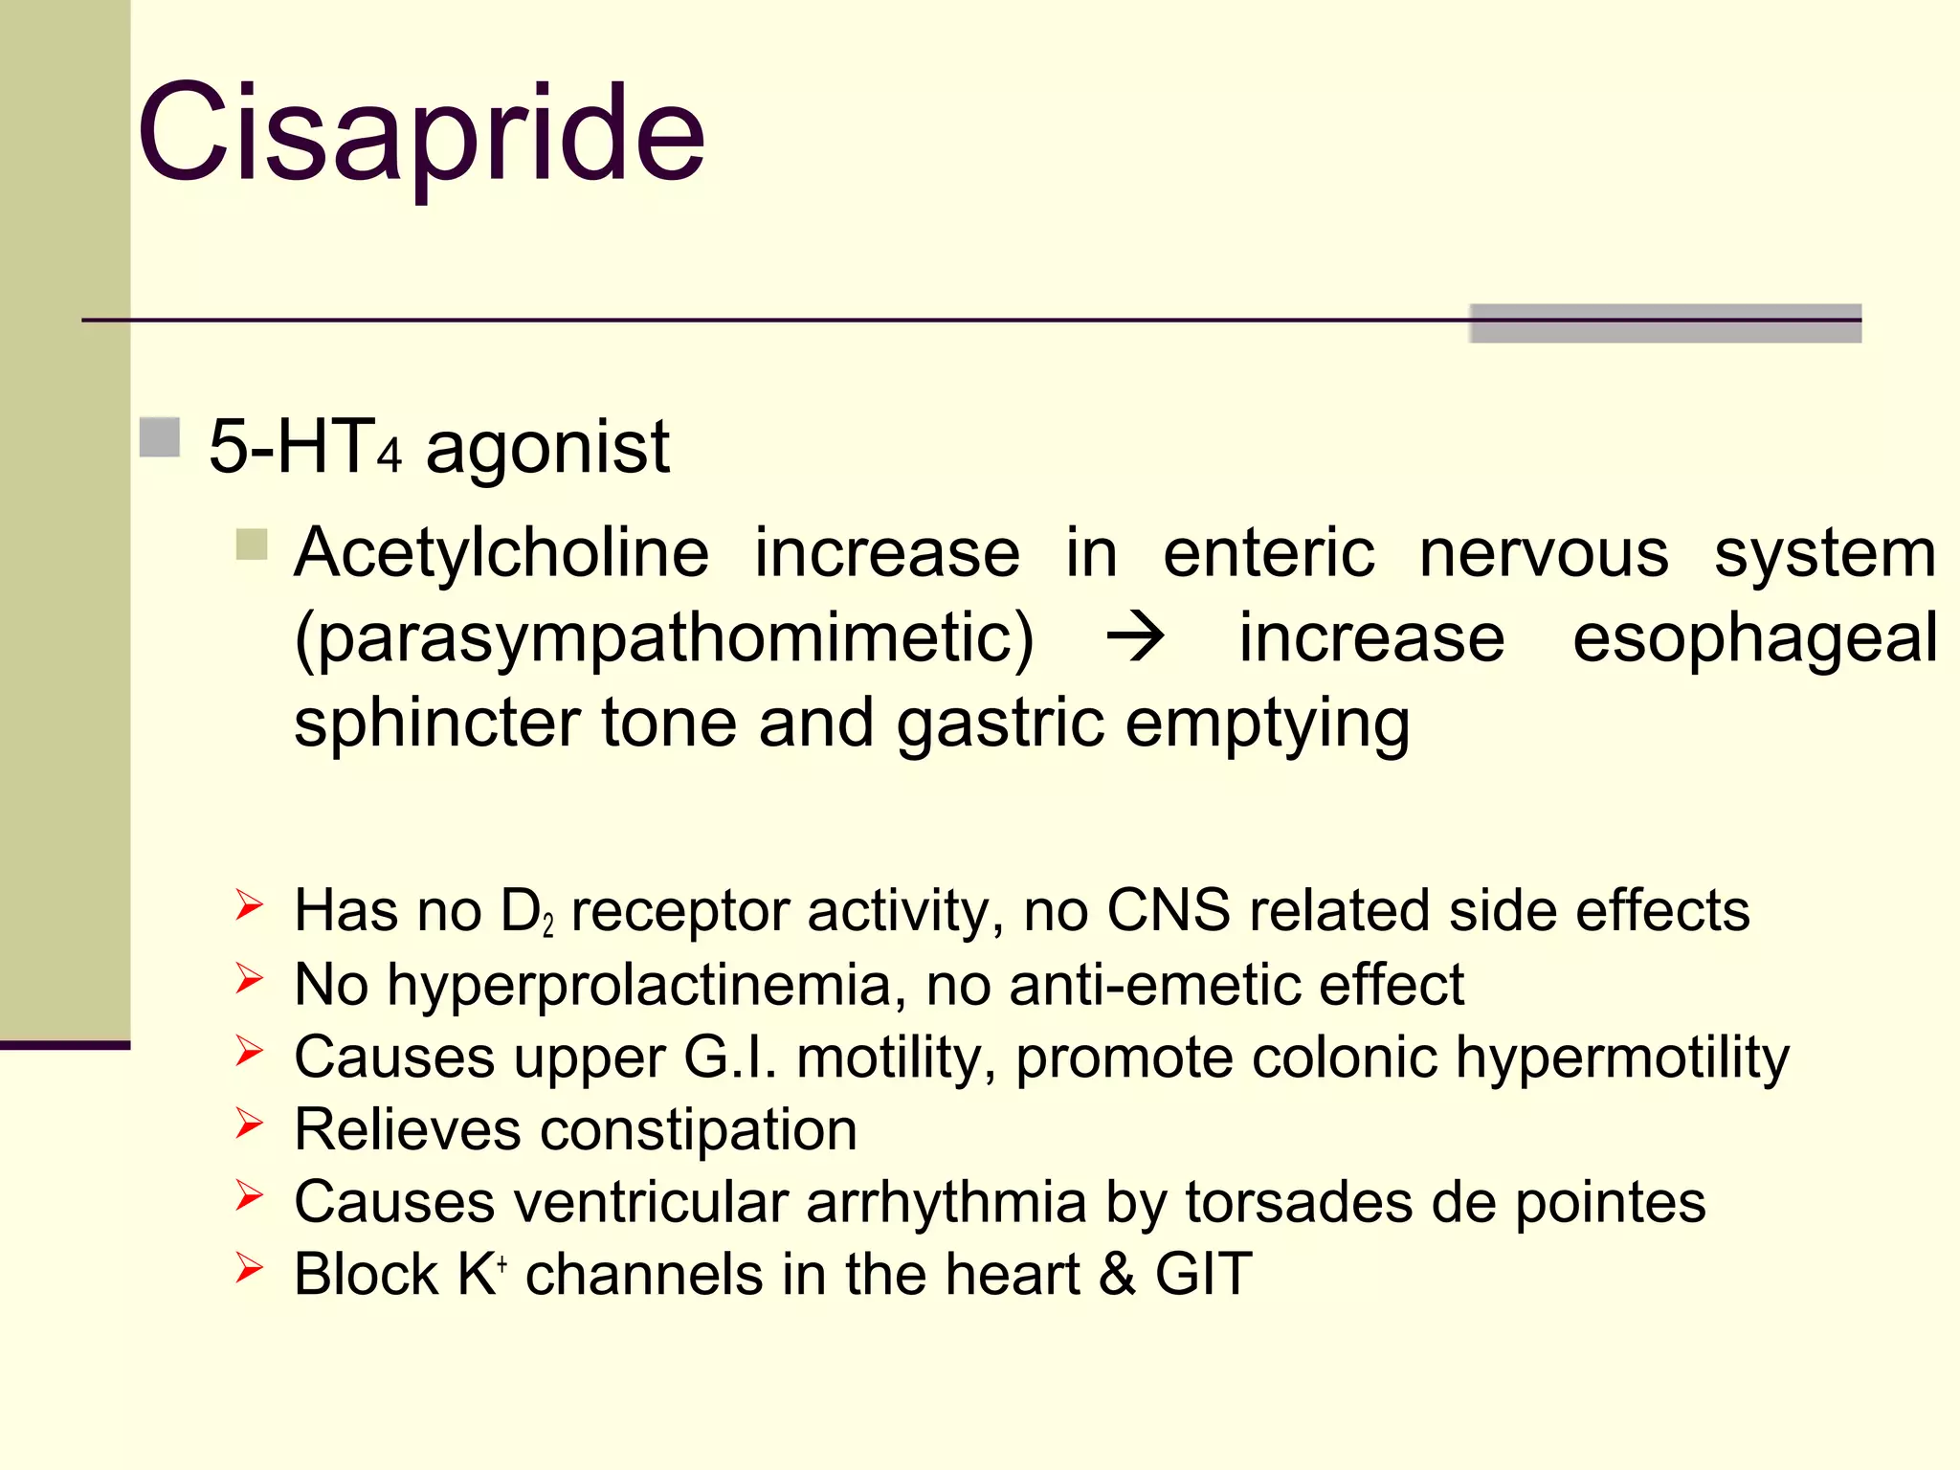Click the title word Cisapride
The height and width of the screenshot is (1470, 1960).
click(421, 134)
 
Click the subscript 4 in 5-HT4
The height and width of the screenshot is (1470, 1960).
click(389, 457)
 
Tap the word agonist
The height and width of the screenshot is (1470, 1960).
click(547, 448)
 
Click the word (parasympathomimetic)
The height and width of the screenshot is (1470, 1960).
click(664, 639)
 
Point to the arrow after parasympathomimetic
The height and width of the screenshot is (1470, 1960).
click(1135, 638)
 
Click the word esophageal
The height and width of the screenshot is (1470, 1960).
click(1754, 639)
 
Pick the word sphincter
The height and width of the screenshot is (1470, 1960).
click(436, 724)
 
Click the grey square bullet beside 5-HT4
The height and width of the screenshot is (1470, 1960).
click(160, 438)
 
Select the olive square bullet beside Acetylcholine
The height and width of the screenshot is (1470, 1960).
click(252, 545)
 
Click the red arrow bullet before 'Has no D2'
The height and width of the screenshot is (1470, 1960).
click(249, 904)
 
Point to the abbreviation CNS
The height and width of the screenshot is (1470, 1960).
click(1169, 910)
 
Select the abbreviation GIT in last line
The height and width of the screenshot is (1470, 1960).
click(1203, 1275)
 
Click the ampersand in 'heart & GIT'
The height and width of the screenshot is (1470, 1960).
click(1118, 1275)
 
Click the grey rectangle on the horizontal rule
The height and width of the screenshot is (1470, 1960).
click(1665, 323)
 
